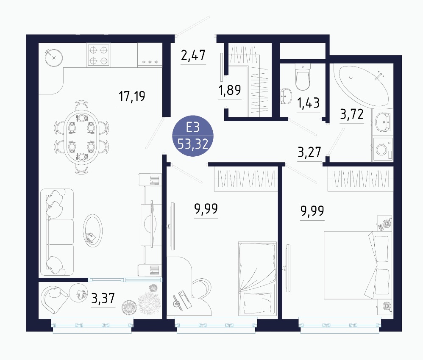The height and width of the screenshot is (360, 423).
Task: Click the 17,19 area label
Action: pyautogui.click(x=132, y=96)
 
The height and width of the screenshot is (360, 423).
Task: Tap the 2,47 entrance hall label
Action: pyautogui.click(x=193, y=55)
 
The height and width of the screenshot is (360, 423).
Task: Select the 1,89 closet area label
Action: pyautogui.click(x=230, y=90)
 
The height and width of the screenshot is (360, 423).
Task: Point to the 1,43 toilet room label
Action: pyautogui.click(x=308, y=103)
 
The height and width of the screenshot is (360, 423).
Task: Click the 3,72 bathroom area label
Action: pyautogui.click(x=352, y=114)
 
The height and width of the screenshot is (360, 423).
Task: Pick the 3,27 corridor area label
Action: pyautogui.click(x=309, y=152)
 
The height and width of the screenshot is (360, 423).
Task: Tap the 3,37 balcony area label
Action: pyautogui.click(x=103, y=298)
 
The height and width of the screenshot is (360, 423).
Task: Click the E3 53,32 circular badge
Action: pyautogui.click(x=193, y=136)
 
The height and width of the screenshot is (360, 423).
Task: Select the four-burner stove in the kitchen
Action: pyautogui.click(x=98, y=55)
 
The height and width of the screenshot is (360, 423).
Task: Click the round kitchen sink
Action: pyautogui.click(x=54, y=58)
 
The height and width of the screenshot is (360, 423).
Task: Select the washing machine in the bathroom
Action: pyautogui.click(x=383, y=149)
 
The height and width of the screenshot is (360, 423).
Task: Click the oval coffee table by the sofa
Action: pyautogui.click(x=93, y=231)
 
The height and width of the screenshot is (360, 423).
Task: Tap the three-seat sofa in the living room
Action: pyautogui.click(x=57, y=232)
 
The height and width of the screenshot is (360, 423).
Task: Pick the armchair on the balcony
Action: pyautogui.click(x=54, y=299)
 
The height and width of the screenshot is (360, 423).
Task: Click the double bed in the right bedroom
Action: pyautogui.click(x=356, y=265)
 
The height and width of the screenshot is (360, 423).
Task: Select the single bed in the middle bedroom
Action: pyautogui.click(x=257, y=278)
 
